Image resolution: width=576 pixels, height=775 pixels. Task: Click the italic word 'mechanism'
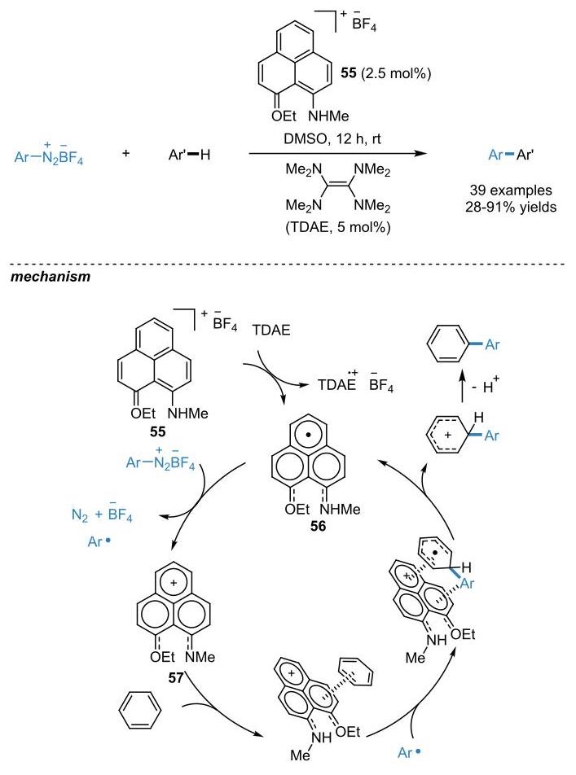point(51,276)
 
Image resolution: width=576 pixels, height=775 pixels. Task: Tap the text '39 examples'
point(511,190)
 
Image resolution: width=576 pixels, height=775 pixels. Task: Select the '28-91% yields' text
point(511,207)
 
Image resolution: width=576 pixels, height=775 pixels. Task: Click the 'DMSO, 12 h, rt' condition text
point(332,139)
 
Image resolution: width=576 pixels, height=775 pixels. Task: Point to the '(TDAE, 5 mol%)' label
point(338,227)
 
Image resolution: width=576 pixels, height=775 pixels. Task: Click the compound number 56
point(319,527)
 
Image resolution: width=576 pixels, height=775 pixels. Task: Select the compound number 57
point(176,677)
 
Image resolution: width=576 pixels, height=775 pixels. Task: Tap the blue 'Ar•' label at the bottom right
point(410,753)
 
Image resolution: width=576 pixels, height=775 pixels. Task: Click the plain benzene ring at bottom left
point(140,711)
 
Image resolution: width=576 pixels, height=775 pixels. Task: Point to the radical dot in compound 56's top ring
point(308,436)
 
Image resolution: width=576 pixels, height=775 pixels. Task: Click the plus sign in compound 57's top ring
point(174,583)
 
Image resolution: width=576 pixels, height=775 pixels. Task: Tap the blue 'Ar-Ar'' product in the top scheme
point(511,155)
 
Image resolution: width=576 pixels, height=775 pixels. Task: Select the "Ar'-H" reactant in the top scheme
point(189,155)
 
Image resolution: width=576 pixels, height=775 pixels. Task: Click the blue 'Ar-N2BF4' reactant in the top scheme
point(49,155)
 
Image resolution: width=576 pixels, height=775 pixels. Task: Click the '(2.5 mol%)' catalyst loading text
point(396,73)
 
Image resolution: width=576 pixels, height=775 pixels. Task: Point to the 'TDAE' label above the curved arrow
point(271,330)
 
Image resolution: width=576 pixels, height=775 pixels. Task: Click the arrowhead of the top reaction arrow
point(420,154)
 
